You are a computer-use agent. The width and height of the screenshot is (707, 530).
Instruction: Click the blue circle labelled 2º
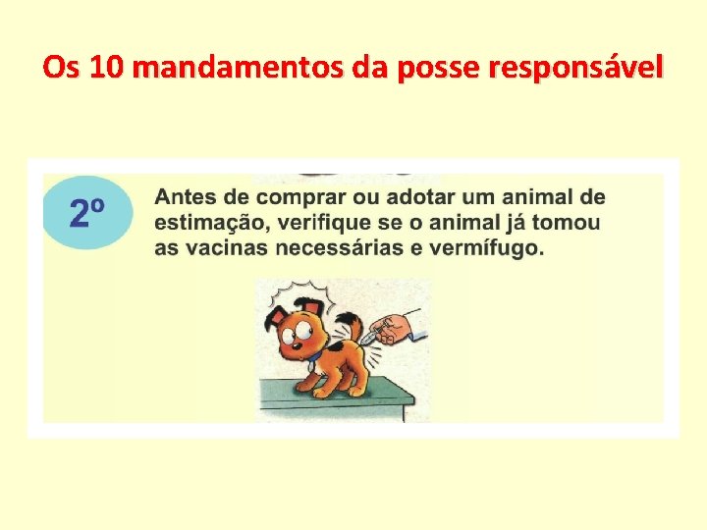click(x=87, y=213)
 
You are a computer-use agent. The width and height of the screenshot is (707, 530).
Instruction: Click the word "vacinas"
click(x=224, y=247)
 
